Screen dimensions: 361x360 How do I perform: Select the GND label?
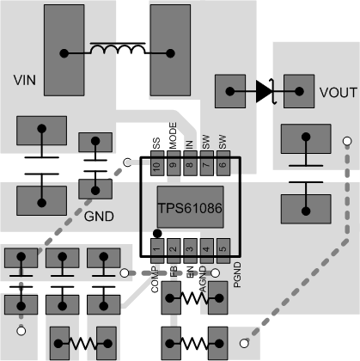coord(100,216)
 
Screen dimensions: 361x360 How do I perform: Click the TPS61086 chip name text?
coord(190,208)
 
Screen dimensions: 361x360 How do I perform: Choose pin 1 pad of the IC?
coord(156,249)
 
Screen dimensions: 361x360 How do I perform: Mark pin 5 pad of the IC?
coord(223,249)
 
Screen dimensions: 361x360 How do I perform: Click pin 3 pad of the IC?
coord(189,249)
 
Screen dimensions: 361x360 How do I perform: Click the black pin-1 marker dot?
coord(156,233)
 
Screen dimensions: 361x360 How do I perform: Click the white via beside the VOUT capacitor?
coord(347,141)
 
